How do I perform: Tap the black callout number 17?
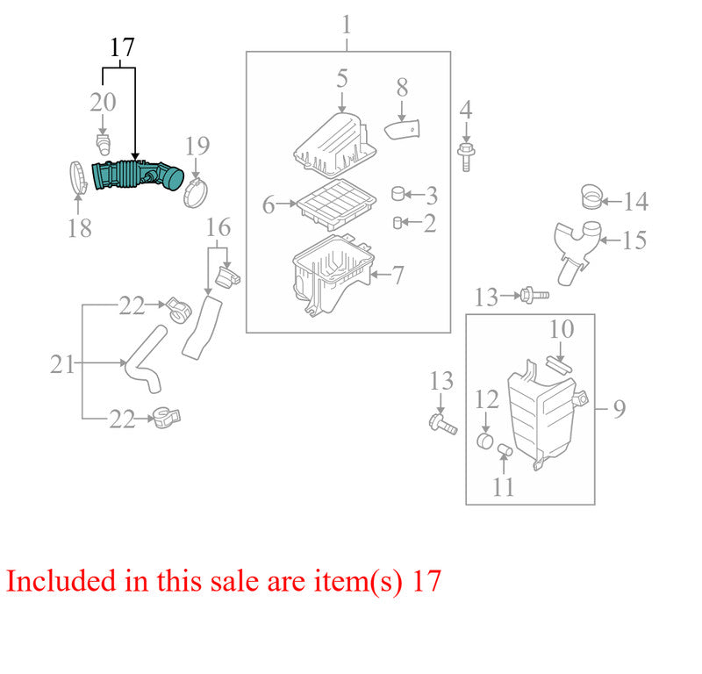(x=122, y=47)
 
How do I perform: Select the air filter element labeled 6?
(x=337, y=204)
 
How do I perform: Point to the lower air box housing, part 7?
(x=332, y=276)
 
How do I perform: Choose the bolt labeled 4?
(x=466, y=157)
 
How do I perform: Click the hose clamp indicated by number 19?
(x=195, y=193)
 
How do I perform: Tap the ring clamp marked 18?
(x=78, y=179)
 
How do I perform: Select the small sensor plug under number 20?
(x=104, y=144)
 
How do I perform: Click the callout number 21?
(x=61, y=364)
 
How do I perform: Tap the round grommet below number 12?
(x=485, y=441)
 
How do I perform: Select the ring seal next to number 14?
(x=591, y=197)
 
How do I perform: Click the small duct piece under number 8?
(x=403, y=129)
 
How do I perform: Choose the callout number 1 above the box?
(x=346, y=25)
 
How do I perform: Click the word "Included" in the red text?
(x=61, y=581)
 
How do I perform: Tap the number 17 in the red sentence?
(x=426, y=581)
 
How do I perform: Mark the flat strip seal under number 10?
(x=559, y=364)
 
